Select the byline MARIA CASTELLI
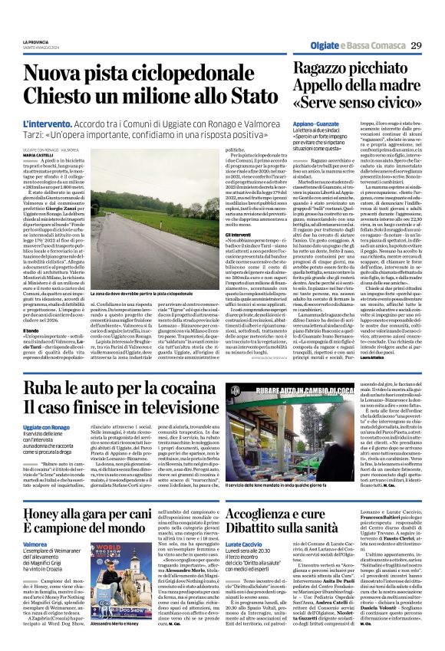[38, 155]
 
